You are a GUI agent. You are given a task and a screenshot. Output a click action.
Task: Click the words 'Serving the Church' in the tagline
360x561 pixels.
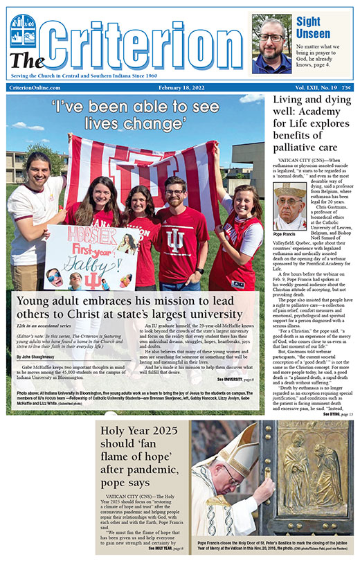point(39,73)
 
